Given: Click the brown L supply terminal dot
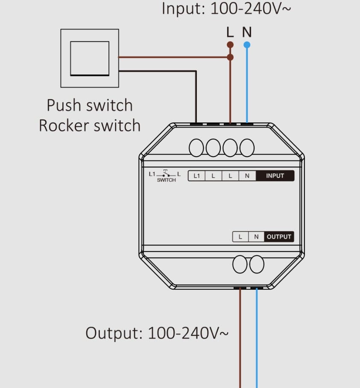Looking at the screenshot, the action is click(x=230, y=45).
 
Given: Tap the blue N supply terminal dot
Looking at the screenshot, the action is click(x=247, y=45).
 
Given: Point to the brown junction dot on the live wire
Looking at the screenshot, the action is click(x=230, y=57).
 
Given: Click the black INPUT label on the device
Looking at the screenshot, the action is click(x=275, y=176).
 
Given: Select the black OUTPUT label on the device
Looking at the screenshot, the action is click(x=279, y=237).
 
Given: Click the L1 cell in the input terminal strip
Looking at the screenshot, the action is click(x=196, y=176).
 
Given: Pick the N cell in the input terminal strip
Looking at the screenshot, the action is click(x=247, y=176).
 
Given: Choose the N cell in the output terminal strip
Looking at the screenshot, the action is click(x=256, y=237).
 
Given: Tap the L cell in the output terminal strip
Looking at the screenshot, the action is click(x=240, y=237).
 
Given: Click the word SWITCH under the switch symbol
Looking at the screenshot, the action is click(x=167, y=180).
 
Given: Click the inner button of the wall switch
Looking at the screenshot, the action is click(x=90, y=58).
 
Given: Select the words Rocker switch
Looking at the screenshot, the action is click(x=90, y=125).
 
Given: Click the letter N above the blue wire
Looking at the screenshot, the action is click(x=247, y=32).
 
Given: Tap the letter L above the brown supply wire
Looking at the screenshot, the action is click(x=230, y=32).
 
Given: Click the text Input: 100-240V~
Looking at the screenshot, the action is click(x=226, y=9).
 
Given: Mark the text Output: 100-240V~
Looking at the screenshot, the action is click(x=157, y=333).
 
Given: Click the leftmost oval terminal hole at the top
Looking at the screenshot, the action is click(x=196, y=148).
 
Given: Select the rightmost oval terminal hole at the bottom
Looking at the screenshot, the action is click(x=257, y=264).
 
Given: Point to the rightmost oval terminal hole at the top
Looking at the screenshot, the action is click(x=247, y=148).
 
